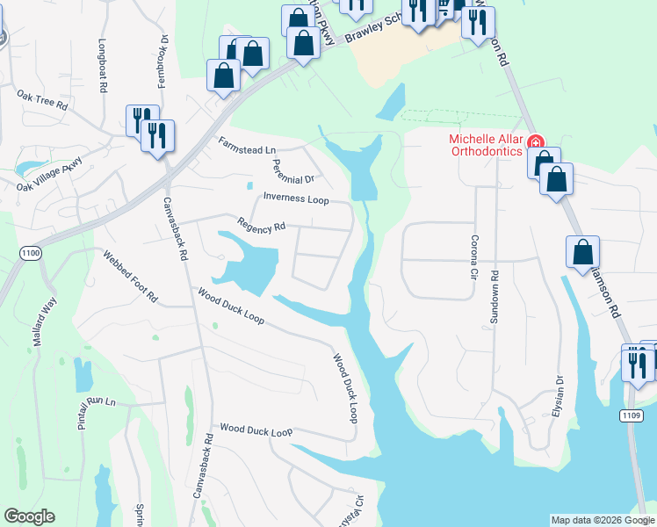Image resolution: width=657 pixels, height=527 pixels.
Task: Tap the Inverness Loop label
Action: pyautogui.click(x=296, y=199)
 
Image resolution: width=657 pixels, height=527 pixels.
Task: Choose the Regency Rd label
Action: pyautogui.click(x=262, y=226)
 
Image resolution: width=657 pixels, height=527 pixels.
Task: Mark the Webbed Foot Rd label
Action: pyautogui.click(x=130, y=277)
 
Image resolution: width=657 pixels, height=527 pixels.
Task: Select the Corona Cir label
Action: pyautogui.click(x=473, y=252)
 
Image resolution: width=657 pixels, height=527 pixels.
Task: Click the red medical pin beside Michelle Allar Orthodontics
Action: pyautogui.click(x=535, y=142)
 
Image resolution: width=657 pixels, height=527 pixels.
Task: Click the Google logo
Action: pyautogui.click(x=29, y=516)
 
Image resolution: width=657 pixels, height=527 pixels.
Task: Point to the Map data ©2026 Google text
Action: pyautogui.click(x=603, y=520)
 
